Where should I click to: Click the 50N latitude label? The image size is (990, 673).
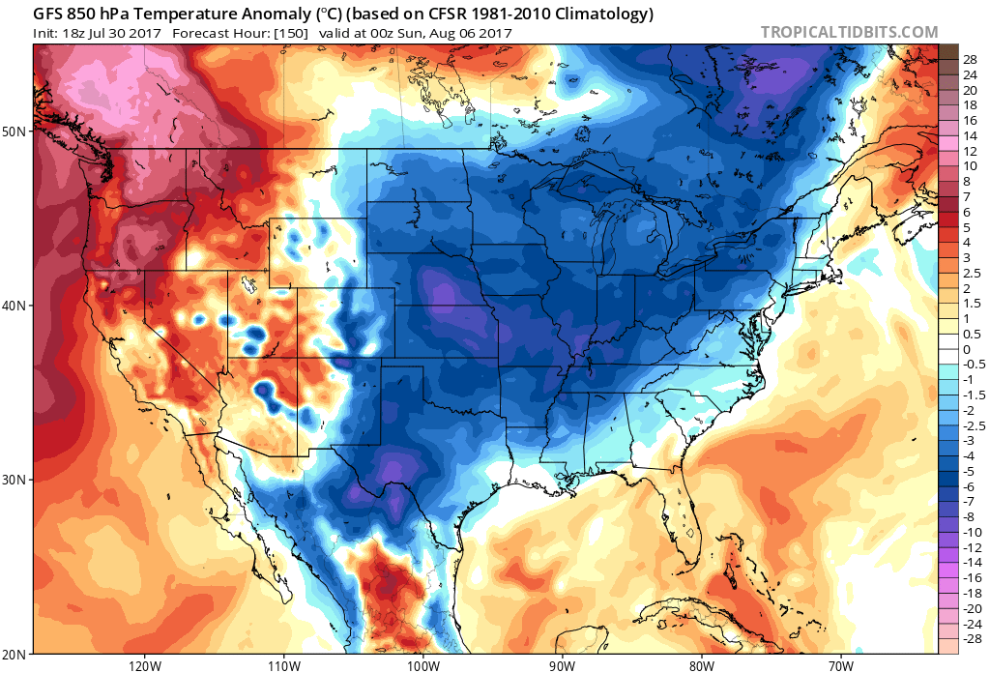pyautogui.click(x=16, y=131)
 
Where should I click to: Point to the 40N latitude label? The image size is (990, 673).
pyautogui.click(x=16, y=306)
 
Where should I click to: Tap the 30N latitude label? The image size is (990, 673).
pyautogui.click(x=16, y=481)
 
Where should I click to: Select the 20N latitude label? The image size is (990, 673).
pyautogui.click(x=16, y=654)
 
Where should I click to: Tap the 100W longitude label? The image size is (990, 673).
pyautogui.click(x=422, y=665)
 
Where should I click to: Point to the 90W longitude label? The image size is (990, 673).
pyautogui.click(x=562, y=665)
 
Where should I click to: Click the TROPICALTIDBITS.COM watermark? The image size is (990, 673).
pyautogui.click(x=849, y=32)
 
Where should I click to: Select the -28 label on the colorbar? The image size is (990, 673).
pyautogui.click(x=972, y=638)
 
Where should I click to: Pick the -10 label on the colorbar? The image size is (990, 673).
pyautogui.click(x=972, y=532)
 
